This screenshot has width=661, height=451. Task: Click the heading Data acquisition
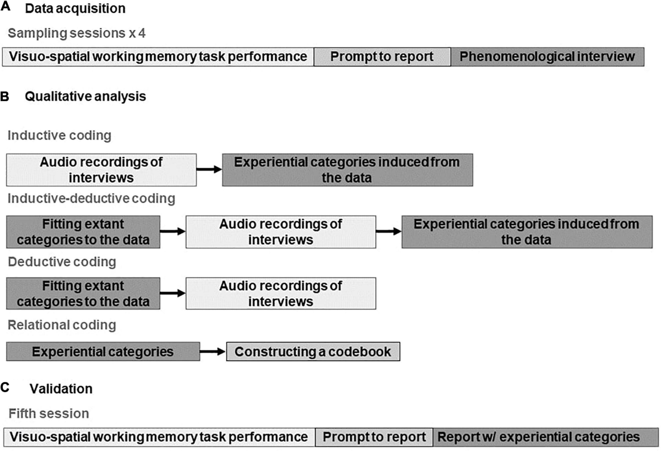pyautogui.click(x=75, y=9)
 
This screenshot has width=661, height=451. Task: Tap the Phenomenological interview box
pyautogui.click(x=547, y=56)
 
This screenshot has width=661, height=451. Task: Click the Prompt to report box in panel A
pyautogui.click(x=382, y=56)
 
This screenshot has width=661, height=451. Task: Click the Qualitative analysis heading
pyautogui.click(x=85, y=97)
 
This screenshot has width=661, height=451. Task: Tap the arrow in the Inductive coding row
pyautogui.click(x=209, y=169)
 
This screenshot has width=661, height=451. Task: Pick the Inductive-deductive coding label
pyautogui.click(x=91, y=198)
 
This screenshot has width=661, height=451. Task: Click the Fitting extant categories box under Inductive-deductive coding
pyautogui.click(x=83, y=232)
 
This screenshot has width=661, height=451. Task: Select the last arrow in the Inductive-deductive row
pyautogui.click(x=389, y=232)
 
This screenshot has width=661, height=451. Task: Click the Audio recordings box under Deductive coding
pyautogui.click(x=281, y=293)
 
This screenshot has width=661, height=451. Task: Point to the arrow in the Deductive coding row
pyautogui.click(x=173, y=293)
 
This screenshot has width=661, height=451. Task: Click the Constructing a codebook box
pyautogui.click(x=313, y=351)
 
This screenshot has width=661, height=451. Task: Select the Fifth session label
pyautogui.click(x=48, y=413)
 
